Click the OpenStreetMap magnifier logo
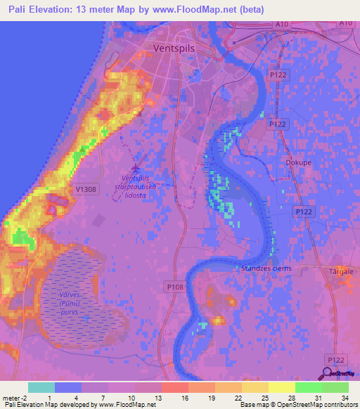click(328, 373)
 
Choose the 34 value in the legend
click(344, 398)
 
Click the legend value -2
click(28, 398)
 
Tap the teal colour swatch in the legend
click(41, 387)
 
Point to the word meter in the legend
click(12, 398)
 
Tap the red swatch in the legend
click(174, 387)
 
